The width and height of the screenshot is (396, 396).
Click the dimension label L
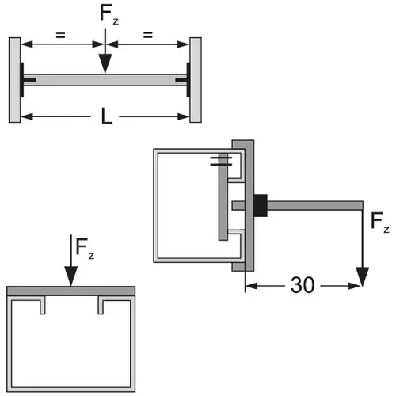pyautogui.click(x=107, y=116)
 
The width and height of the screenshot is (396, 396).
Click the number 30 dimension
pyautogui.click(x=303, y=285)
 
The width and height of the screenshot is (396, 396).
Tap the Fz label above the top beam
pyautogui.click(x=109, y=13)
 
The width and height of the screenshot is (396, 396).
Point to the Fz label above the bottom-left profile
pyautogui.click(x=85, y=248)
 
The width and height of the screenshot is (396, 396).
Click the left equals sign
pyautogui.click(x=60, y=35)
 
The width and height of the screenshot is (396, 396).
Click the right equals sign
pyautogui.click(x=148, y=35)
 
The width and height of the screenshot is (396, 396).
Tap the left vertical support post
pyautogui.click(x=15, y=80)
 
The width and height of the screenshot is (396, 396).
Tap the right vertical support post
pyautogui.click(x=196, y=80)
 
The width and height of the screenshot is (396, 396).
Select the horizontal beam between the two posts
pyautogui.click(x=105, y=80)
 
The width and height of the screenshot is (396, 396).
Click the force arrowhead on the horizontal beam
pyautogui.click(x=105, y=63)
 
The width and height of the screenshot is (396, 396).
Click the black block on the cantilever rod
pyautogui.click(x=261, y=205)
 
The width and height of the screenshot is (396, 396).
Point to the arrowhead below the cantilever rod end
pyautogui.click(x=363, y=276)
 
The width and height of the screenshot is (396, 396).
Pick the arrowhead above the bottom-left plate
pyautogui.click(x=71, y=276)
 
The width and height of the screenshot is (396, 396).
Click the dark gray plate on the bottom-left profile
pyautogui.click(x=71, y=291)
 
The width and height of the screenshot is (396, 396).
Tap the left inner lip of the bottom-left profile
pyautogui.click(x=43, y=306)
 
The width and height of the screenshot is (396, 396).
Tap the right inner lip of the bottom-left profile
pyautogui.click(x=101, y=306)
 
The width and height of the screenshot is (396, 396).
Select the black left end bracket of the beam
pyautogui.click(x=22, y=80)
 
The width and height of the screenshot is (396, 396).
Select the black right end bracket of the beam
pyautogui.click(x=188, y=80)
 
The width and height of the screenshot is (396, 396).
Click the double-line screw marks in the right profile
pyautogui.click(x=221, y=161)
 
